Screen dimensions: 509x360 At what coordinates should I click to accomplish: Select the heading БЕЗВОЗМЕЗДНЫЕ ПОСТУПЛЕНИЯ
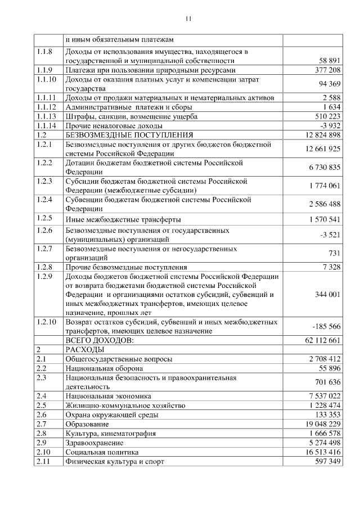[129, 135]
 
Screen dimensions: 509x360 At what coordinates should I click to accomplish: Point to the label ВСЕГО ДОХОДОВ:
[99, 340]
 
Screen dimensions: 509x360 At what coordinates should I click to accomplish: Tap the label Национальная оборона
[104, 368]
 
